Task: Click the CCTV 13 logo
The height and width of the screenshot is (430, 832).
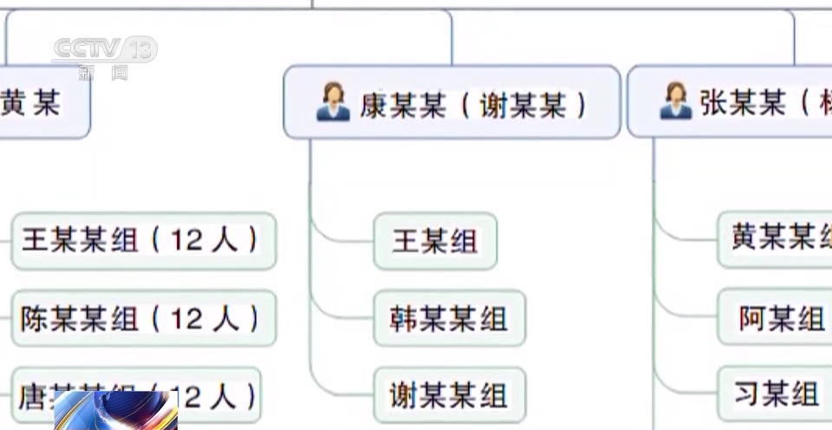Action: tap(104, 54)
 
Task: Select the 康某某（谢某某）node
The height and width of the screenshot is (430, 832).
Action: tap(452, 102)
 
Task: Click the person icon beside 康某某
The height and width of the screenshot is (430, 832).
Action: tap(333, 102)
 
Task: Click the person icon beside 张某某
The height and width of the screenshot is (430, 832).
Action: tap(675, 101)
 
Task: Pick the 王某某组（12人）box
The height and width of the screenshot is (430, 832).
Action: tap(143, 240)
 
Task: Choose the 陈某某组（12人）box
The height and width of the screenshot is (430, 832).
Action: tap(143, 317)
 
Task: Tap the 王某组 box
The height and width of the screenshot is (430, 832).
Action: tap(435, 241)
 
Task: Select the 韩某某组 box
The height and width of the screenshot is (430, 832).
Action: tap(449, 318)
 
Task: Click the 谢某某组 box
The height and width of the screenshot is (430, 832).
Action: tap(449, 395)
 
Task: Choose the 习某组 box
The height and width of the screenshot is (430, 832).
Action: tap(776, 394)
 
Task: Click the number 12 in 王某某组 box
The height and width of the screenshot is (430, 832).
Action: tap(185, 240)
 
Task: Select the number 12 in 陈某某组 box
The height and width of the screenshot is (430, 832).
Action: tap(185, 318)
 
